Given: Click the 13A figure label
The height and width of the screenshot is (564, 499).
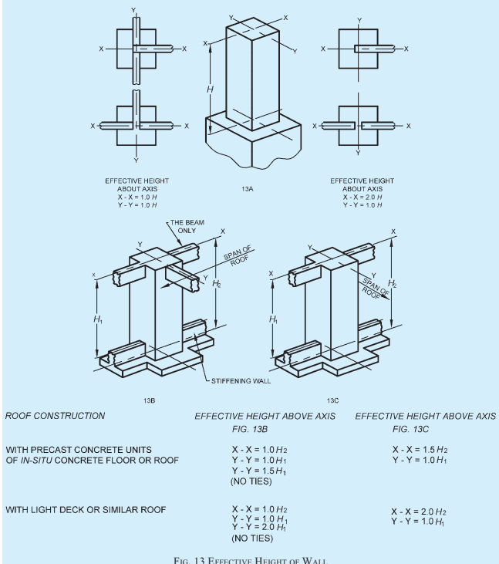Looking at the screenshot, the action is (248, 189).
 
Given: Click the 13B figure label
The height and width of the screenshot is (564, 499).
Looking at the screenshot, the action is (149, 400).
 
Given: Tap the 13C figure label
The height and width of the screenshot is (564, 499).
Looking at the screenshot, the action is (332, 400).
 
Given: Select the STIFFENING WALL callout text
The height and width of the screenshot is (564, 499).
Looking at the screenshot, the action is (241, 381).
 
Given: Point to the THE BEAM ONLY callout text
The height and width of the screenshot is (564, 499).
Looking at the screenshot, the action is (187, 227).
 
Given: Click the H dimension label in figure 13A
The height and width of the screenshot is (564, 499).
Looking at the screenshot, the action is (210, 89).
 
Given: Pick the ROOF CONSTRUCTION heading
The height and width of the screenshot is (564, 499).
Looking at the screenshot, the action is (55, 416).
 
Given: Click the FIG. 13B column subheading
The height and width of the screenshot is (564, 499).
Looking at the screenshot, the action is (250, 429).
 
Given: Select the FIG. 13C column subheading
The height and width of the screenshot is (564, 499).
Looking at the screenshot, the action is (410, 429).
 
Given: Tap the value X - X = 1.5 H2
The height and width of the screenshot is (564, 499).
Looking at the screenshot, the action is (420, 450).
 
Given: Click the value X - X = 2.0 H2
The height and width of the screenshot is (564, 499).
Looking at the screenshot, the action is (419, 512).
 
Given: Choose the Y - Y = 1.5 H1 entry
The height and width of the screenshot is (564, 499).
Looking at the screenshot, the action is (259, 471).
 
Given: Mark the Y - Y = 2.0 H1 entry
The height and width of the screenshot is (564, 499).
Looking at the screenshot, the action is (259, 527).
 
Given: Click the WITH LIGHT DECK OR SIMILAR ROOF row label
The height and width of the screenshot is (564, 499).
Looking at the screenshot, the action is (86, 510).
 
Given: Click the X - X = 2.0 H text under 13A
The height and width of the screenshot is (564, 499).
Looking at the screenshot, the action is (362, 197).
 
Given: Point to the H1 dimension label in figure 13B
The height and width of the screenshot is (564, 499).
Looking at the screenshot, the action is (98, 319).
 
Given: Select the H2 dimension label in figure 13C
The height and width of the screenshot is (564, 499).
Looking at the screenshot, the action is (393, 284).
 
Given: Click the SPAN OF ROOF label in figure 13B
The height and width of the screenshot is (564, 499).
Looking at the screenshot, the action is (238, 255).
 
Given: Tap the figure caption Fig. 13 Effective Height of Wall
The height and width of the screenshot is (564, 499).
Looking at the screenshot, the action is (251, 560).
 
